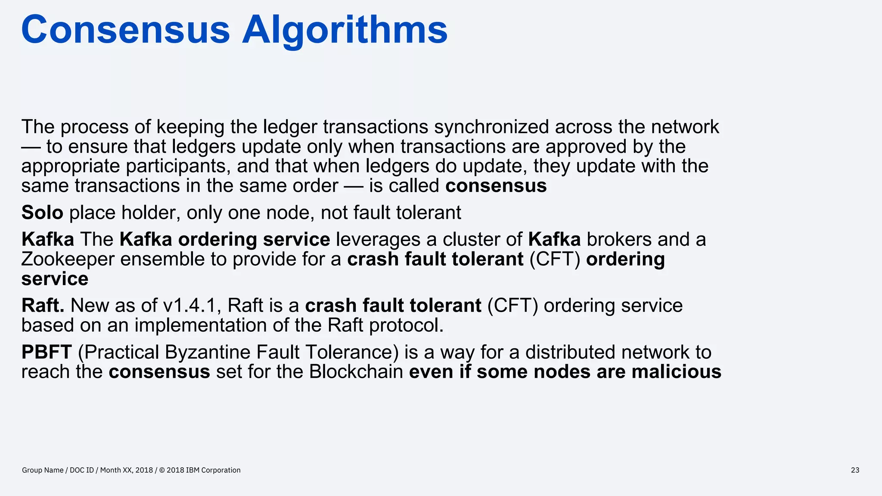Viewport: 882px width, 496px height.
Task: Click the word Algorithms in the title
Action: [x=345, y=30]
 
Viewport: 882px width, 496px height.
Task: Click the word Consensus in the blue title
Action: [x=125, y=30]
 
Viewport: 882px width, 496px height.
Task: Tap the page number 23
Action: [x=855, y=470]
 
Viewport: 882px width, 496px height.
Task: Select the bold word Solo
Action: [x=42, y=213]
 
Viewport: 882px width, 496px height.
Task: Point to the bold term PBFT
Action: [x=47, y=352]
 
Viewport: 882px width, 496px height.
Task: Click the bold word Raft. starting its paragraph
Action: [x=43, y=306]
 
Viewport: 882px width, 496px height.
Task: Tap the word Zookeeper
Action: [x=68, y=259]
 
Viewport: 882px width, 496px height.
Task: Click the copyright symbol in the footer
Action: [x=162, y=470]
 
